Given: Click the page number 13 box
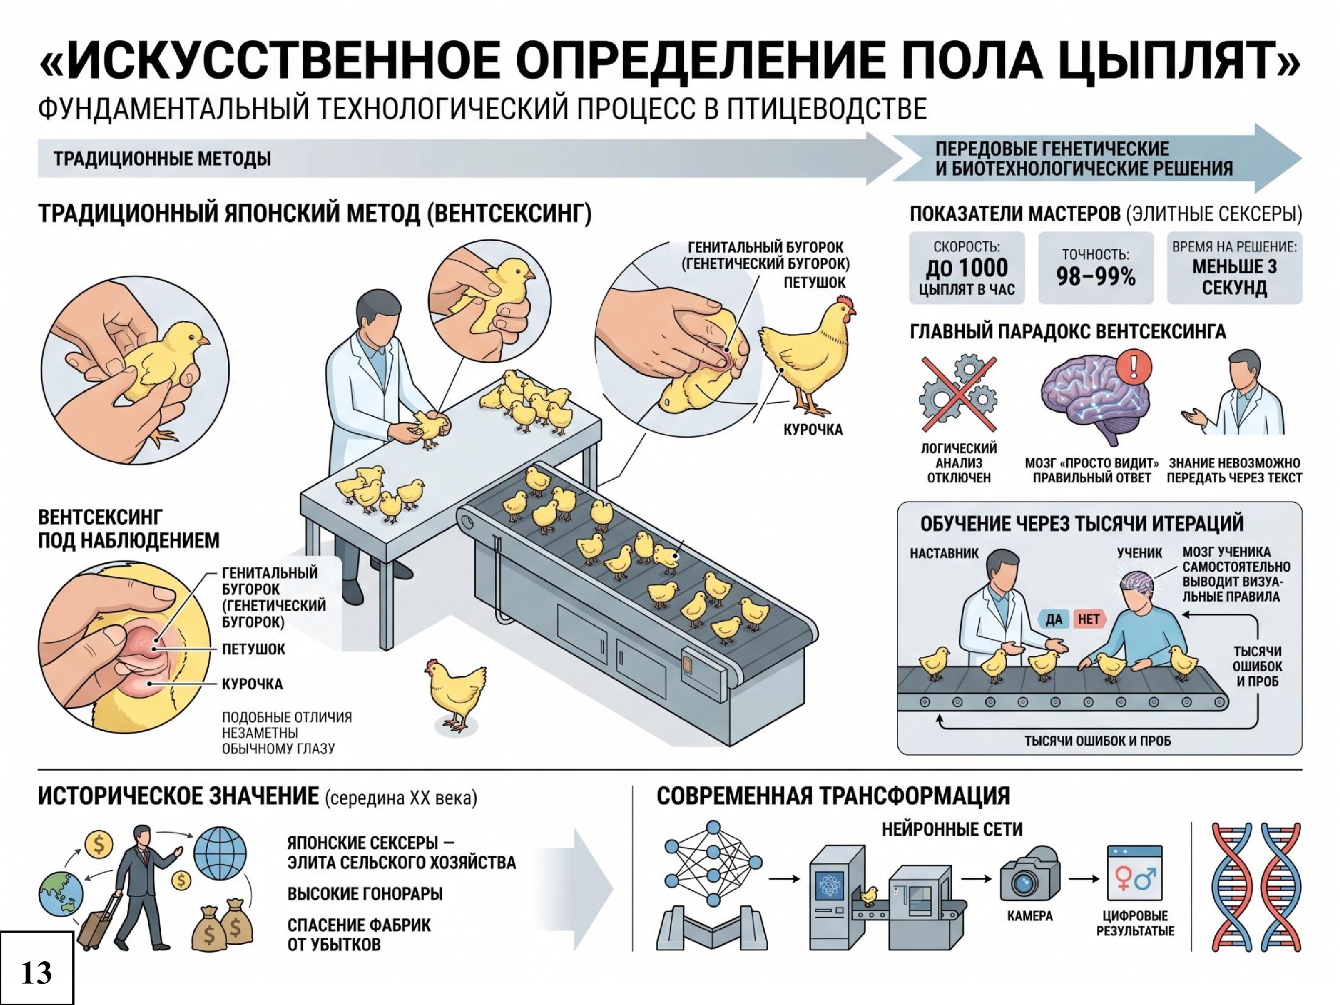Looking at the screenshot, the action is tap(36, 967).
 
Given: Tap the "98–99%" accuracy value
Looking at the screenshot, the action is tap(1096, 277).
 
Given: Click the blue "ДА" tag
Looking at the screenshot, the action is tap(1054, 619).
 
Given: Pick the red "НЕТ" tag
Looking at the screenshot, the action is tap(1089, 619).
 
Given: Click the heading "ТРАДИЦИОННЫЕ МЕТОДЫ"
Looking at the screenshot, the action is tap(162, 159).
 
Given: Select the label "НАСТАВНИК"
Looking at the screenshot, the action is tap(944, 553).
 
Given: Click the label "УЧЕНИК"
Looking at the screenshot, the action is tap(1139, 553).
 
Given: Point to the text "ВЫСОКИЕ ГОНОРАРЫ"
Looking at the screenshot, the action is tap(364, 893).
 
